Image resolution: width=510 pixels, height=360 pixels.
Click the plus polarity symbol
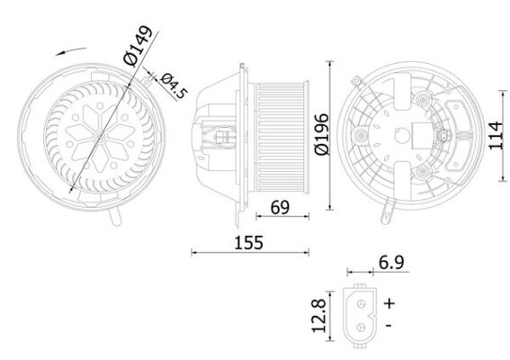pos(389,302)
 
